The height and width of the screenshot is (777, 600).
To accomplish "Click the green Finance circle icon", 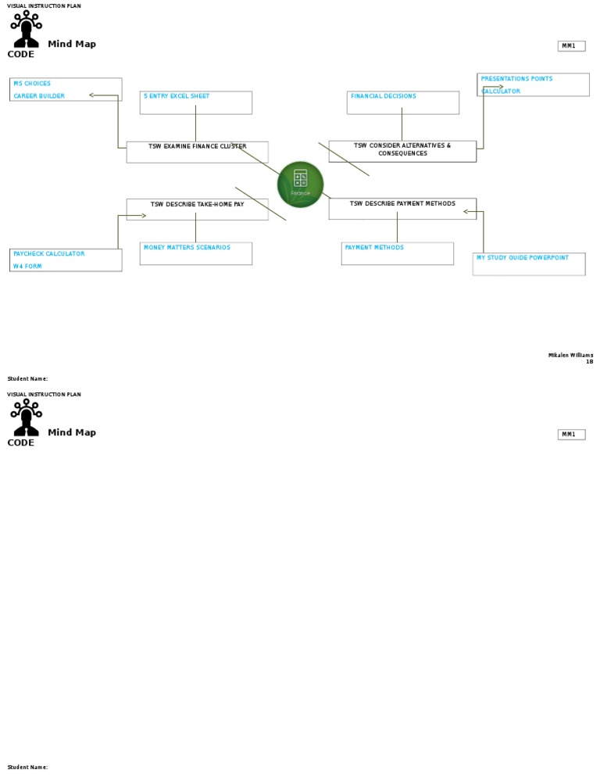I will (300, 184).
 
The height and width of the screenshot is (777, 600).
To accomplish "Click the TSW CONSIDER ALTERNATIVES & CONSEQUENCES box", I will (402, 150).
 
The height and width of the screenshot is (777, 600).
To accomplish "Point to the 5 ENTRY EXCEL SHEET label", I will (177, 96).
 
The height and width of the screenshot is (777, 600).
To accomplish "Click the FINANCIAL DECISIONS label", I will (383, 96).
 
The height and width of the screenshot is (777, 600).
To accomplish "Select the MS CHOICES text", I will (32, 84).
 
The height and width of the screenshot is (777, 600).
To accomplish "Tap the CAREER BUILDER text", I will (39, 96).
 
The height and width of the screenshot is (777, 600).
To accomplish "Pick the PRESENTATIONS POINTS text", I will (516, 79).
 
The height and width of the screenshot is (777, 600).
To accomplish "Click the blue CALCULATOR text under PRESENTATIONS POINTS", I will (501, 91).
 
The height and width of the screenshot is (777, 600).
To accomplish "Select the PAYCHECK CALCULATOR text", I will (48, 254).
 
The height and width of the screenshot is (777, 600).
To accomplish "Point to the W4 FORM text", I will (27, 267).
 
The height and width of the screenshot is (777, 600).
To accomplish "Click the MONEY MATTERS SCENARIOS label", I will (187, 248).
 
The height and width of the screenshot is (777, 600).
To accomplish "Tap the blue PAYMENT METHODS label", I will (374, 248).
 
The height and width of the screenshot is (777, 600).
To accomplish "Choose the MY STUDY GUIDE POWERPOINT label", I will (523, 258).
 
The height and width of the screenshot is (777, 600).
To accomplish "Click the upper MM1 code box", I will (570, 46).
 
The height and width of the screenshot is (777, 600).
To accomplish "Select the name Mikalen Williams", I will (570, 356).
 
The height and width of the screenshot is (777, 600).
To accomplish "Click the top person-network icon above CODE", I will (26, 28).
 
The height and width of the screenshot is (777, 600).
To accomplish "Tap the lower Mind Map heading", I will (72, 432).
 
